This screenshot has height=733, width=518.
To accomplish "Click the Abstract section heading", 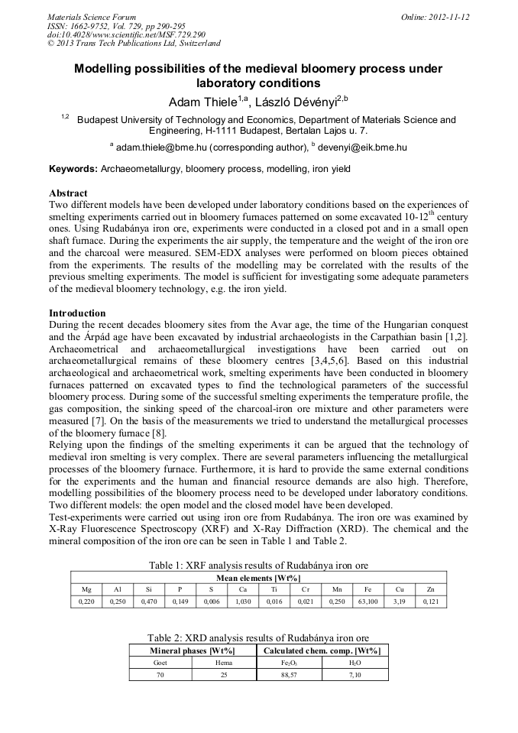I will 68,193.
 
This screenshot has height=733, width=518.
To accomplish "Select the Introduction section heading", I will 77,313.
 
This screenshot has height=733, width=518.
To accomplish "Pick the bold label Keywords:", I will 73,168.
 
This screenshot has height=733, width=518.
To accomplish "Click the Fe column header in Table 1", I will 367,590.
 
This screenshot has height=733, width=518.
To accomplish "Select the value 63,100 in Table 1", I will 367,602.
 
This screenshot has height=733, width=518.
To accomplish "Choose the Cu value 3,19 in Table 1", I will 400,602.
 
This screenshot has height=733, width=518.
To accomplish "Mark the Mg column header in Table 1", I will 86,590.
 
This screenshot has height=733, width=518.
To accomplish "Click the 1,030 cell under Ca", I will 243,602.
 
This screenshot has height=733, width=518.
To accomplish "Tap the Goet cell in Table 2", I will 160,663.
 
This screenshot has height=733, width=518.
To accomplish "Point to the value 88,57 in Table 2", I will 290,675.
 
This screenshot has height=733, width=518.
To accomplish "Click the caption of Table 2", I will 258,637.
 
